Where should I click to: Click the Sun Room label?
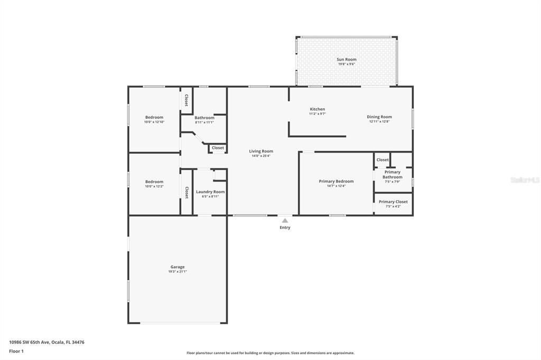[347, 60]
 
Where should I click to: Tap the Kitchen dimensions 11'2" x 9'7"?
[317, 113]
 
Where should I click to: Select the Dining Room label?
[379, 117]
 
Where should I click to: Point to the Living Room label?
[261, 151]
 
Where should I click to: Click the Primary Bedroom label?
[336, 181]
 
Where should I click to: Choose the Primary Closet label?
[393, 202]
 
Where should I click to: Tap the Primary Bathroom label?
[393, 174]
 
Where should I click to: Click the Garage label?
[178, 267]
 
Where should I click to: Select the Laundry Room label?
[210, 192]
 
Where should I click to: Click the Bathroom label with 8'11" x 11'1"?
[204, 118]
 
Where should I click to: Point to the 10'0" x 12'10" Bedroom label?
[154, 117]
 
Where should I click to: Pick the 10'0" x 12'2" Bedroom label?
[154, 181]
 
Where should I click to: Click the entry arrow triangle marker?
[285, 221]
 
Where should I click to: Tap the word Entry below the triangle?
[285, 228]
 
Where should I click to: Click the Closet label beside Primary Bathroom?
[383, 159]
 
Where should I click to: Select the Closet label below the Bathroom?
[218, 148]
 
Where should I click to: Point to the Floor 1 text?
[17, 351]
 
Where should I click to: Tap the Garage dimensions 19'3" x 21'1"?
[178, 271]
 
